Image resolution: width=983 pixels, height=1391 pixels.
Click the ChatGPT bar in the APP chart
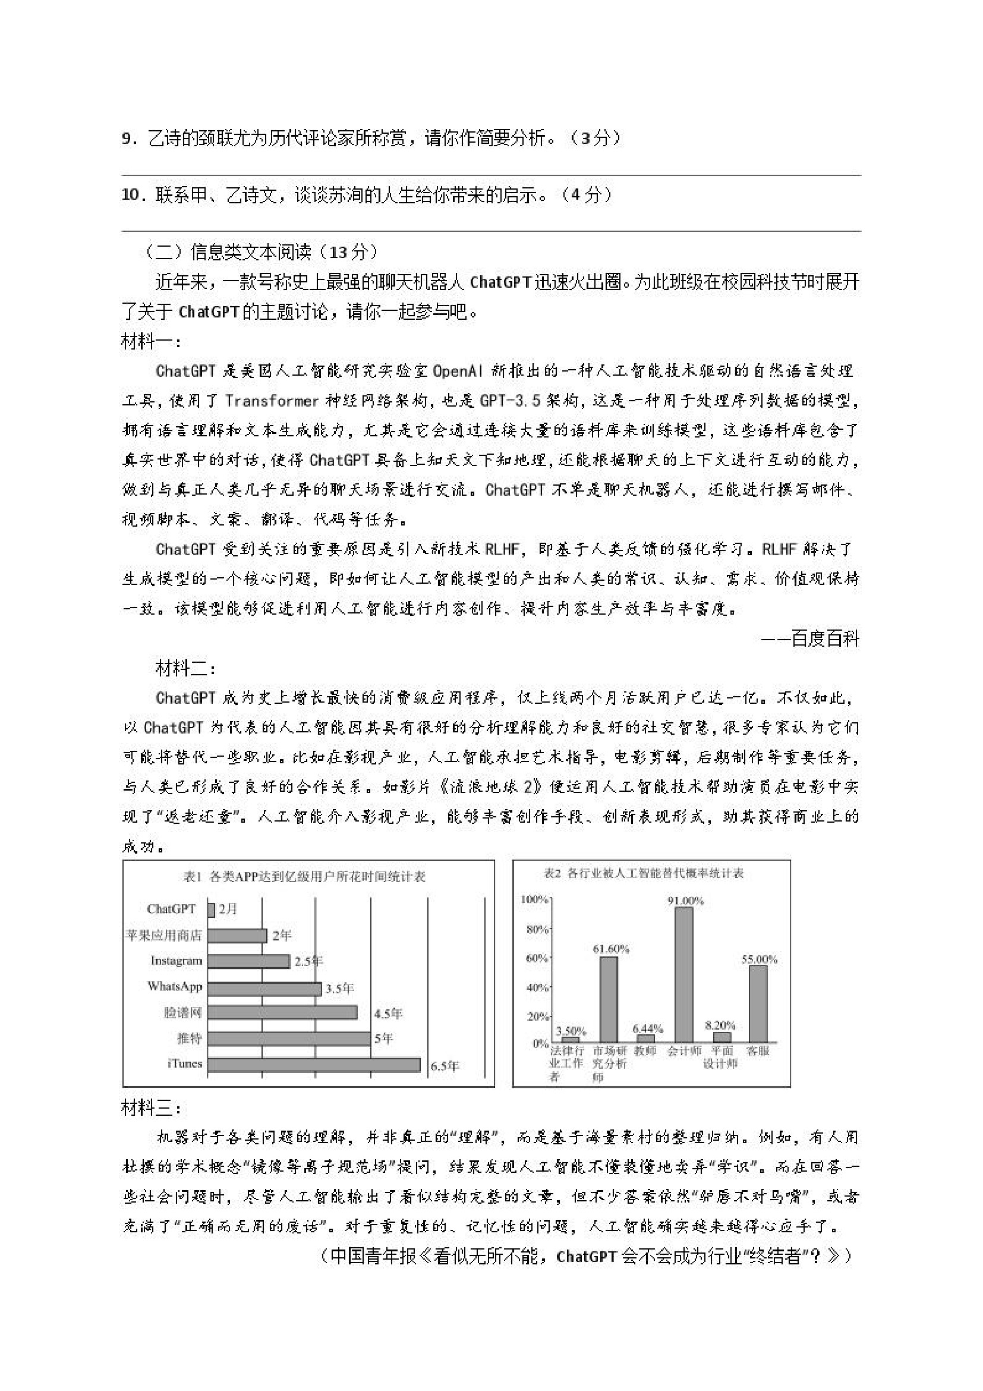tap(211, 909)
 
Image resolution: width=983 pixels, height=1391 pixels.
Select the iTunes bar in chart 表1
tap(314, 1065)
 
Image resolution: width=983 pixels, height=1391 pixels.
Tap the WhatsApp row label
tap(175, 986)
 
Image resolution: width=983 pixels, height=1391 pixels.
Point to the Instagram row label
tap(177, 960)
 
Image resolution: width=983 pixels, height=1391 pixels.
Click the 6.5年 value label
tap(445, 1066)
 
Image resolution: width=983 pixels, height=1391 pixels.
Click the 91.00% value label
tap(686, 901)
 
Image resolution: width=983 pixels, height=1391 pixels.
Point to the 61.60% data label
tap(610, 949)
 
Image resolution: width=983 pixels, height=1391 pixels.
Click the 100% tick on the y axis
tap(534, 899)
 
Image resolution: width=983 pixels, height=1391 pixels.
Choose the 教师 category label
tap(645, 1051)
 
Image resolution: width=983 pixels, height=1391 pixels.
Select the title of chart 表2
tap(643, 873)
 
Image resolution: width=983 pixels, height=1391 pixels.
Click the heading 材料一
tap(151, 342)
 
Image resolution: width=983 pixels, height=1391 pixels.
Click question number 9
tap(129, 139)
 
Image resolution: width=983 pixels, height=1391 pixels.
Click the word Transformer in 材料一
tap(272, 401)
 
